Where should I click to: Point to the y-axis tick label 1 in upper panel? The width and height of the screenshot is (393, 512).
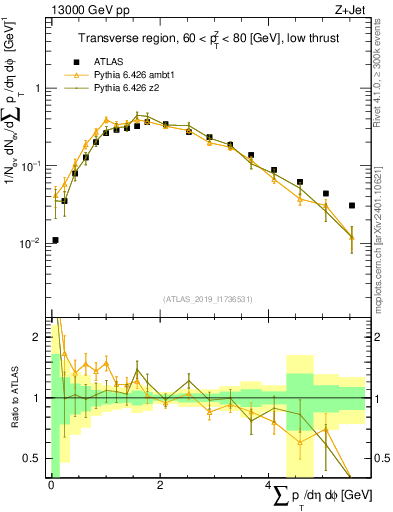coord(39,88)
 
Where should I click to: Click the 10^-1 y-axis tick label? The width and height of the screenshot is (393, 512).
coord(34,165)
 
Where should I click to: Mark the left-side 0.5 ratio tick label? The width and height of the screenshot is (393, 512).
coord(35,459)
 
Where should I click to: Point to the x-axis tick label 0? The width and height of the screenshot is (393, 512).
coord(51,485)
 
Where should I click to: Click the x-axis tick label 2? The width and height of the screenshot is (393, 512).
coord(160,485)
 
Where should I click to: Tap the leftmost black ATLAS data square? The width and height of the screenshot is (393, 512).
coord(54,240)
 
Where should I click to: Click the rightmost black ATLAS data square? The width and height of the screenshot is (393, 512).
coord(351,206)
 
